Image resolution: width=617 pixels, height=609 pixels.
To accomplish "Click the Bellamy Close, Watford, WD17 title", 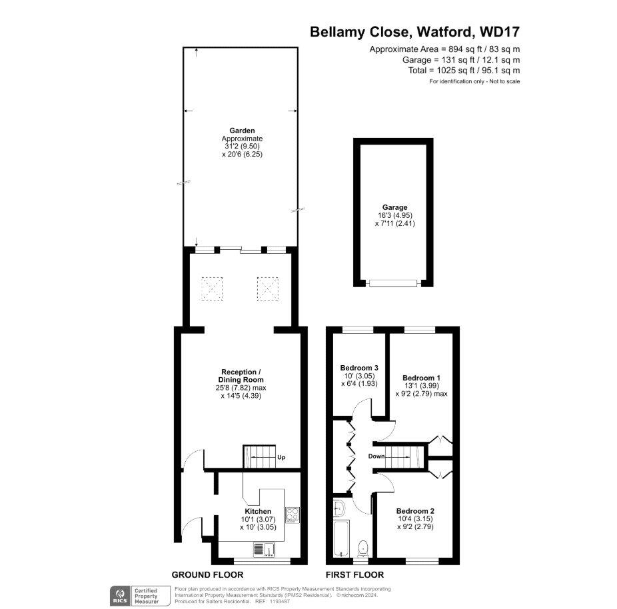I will [415, 31].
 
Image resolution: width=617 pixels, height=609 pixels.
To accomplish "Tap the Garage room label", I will [395, 207].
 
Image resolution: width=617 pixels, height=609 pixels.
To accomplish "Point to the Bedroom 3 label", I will [359, 368].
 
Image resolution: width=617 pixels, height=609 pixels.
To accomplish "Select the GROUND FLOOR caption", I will [207, 574].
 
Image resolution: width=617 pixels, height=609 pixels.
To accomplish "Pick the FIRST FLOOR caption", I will [354, 574].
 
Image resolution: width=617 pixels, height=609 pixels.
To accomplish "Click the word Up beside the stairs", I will [281, 458].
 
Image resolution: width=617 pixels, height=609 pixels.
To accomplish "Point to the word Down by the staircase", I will [377, 457].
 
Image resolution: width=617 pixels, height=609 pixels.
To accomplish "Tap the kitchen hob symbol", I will [293, 514].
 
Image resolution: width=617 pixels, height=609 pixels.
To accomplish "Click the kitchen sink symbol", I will [265, 549].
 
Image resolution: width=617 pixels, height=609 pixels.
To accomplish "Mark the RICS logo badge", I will [121, 594].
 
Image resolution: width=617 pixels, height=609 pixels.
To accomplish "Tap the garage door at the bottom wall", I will [393, 283].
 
